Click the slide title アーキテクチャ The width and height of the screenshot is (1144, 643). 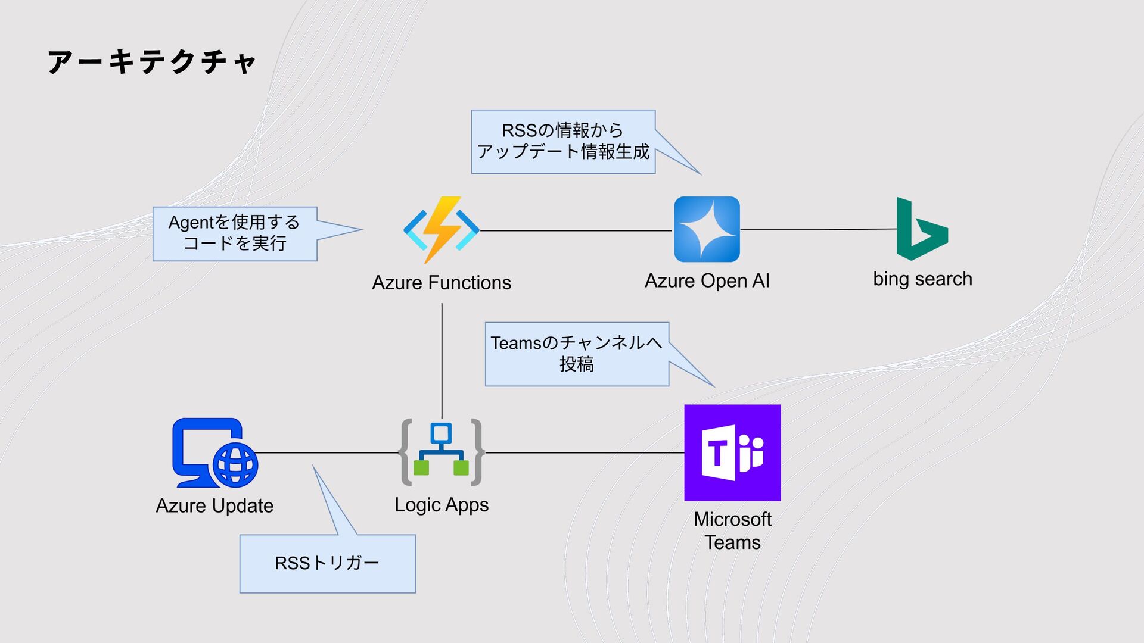(x=151, y=62)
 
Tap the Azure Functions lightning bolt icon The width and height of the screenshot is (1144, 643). (x=442, y=229)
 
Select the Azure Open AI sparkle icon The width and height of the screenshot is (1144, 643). (x=707, y=229)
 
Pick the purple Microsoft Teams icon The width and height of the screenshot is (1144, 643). (x=732, y=452)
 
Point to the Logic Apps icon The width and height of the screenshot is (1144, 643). (x=442, y=452)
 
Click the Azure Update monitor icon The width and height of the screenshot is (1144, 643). (x=206, y=450)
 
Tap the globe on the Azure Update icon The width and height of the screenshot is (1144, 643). (x=235, y=465)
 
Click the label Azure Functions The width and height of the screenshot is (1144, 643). (x=442, y=282)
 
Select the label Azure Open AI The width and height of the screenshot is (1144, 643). (x=707, y=280)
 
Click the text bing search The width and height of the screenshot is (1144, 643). (x=922, y=279)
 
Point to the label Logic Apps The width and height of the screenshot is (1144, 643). (x=442, y=505)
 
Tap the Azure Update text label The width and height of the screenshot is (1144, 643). (x=214, y=505)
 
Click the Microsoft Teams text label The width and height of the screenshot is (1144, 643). (x=732, y=530)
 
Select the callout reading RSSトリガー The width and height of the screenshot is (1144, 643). (x=327, y=563)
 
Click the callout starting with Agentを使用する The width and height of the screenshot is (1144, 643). (x=235, y=233)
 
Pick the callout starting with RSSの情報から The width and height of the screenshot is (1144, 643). (x=563, y=142)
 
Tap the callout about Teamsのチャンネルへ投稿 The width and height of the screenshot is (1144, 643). (x=577, y=354)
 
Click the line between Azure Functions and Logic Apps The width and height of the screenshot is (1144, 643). (x=442, y=361)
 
